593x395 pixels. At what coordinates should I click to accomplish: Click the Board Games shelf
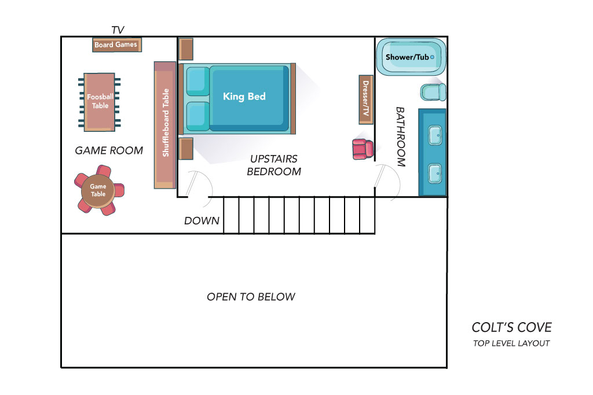[117, 45]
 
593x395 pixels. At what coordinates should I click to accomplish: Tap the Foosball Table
[100, 102]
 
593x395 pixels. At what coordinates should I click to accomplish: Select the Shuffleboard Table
[165, 125]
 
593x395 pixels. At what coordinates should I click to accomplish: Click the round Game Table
[98, 190]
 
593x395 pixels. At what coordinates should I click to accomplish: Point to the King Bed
[237, 98]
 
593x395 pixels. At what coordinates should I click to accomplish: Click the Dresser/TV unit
[366, 99]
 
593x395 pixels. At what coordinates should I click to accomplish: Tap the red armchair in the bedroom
[363, 149]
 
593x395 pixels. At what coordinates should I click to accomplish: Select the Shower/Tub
[411, 57]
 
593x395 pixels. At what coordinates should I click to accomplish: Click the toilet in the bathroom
[433, 92]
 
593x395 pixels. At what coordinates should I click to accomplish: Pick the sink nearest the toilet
[435, 135]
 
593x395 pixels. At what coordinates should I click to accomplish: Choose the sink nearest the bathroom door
[435, 173]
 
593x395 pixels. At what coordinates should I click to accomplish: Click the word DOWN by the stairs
[202, 220]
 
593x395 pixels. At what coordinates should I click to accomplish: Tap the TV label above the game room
[118, 30]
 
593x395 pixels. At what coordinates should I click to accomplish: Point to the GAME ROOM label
[109, 150]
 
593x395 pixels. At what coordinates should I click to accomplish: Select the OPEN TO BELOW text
[251, 297]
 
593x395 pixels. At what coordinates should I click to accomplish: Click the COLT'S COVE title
[512, 327]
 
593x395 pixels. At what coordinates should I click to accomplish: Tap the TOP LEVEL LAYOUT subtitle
[511, 344]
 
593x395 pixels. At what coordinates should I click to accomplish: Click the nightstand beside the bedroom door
[186, 149]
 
